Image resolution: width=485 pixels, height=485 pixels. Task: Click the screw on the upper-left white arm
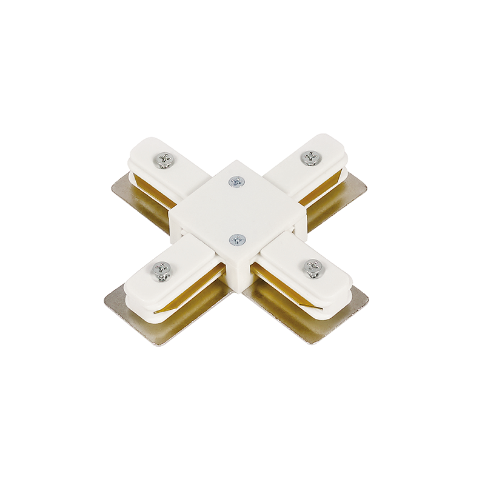(164, 160)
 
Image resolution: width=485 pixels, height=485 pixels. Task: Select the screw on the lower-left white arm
(162, 270)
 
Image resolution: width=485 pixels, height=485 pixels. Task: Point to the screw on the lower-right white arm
(313, 268)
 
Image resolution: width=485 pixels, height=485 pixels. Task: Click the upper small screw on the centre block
(236, 181)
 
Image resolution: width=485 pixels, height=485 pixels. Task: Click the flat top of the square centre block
(236, 209)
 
